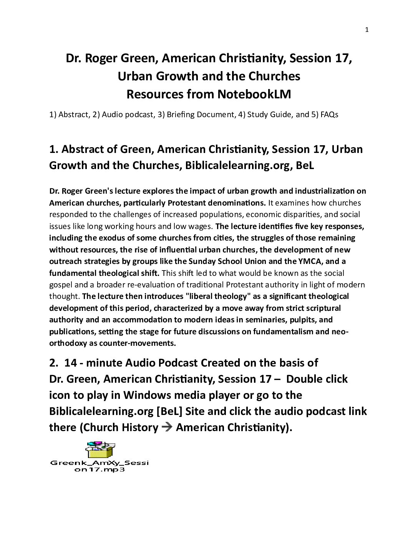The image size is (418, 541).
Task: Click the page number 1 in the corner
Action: [x=367, y=30]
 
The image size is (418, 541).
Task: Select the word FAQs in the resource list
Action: [x=328, y=115]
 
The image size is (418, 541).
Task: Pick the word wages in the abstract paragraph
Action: [x=199, y=226]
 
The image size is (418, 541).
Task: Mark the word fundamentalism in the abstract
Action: [x=285, y=331]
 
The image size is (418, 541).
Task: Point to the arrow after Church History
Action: [x=167, y=427]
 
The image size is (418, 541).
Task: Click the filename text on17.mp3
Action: [x=100, y=470]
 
